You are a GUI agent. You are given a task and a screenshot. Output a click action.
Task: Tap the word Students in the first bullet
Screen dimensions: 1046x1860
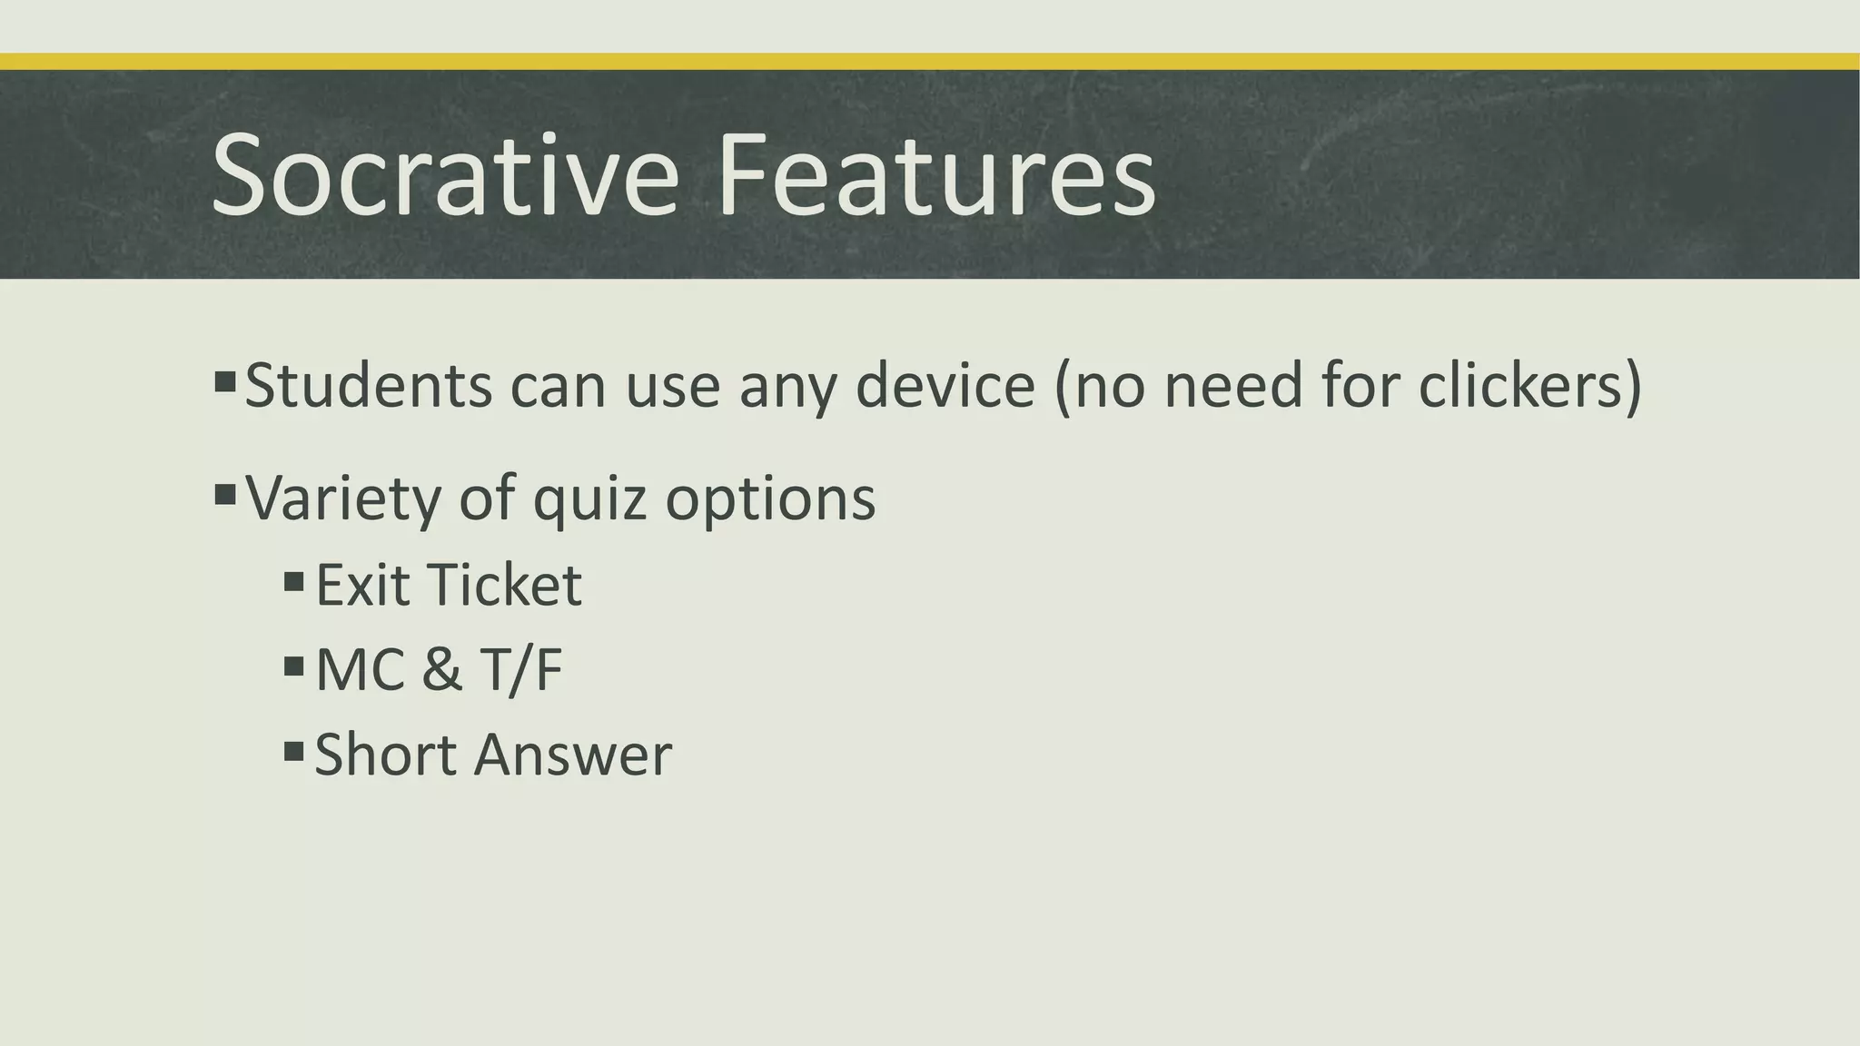click(369, 385)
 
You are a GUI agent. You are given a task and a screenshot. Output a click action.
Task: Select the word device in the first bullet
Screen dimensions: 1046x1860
click(945, 385)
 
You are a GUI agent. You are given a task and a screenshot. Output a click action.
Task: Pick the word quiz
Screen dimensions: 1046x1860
click(589, 498)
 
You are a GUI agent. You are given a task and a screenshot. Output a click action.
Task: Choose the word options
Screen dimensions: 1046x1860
click(770, 498)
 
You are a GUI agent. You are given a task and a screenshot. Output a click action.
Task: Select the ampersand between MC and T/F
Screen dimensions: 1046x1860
click(442, 669)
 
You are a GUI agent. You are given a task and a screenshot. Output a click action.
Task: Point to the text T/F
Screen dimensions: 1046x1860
click(521, 669)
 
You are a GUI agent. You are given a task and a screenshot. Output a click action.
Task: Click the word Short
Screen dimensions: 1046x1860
click(385, 755)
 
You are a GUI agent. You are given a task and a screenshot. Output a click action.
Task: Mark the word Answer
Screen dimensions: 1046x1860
click(573, 755)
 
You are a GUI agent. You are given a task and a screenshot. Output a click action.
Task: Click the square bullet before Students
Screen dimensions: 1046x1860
click(225, 380)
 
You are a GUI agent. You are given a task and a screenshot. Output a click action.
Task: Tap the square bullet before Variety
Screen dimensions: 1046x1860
click(225, 495)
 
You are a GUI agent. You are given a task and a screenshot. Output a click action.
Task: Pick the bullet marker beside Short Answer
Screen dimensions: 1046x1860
click(293, 751)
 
